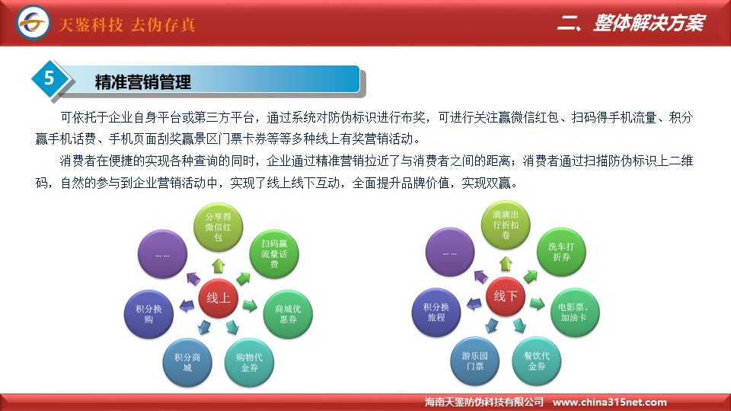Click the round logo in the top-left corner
coord(32,22)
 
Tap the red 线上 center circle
coord(219,298)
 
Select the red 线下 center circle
coord(506,296)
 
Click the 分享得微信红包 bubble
coord(219,228)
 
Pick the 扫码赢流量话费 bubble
coord(274,254)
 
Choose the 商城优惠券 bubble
coord(288,314)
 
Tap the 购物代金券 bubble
coord(249,362)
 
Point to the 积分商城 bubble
coord(187,362)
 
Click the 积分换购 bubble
coord(148,314)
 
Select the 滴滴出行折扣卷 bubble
coord(506,225)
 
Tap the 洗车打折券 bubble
coord(561,252)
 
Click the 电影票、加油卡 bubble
coord(575,312)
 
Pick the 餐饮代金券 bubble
coord(537,361)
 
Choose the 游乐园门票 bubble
coord(475,361)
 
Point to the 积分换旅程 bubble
coord(436,312)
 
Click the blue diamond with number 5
coord(49,78)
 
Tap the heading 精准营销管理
coord(143,82)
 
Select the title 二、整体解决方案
coord(631,23)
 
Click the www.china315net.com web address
coord(609,402)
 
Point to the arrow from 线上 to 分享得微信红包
coord(219,266)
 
